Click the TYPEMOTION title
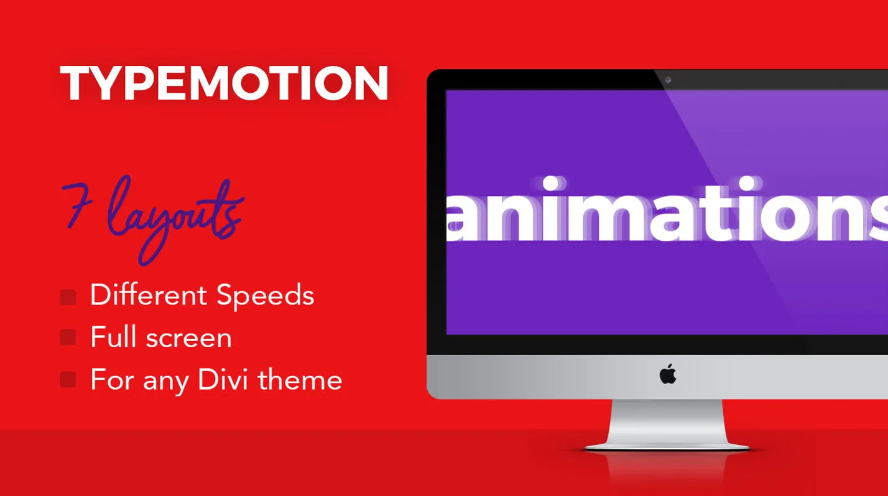tap(224, 83)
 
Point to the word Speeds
tap(265, 295)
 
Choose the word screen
tap(188, 340)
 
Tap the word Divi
tap(223, 379)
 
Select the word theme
tap(300, 379)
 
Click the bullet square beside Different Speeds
tap(68, 297)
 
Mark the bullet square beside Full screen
tap(68, 337)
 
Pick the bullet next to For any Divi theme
tap(68, 380)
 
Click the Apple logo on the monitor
tap(668, 374)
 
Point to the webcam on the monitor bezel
tap(668, 80)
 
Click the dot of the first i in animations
tap(550, 184)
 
